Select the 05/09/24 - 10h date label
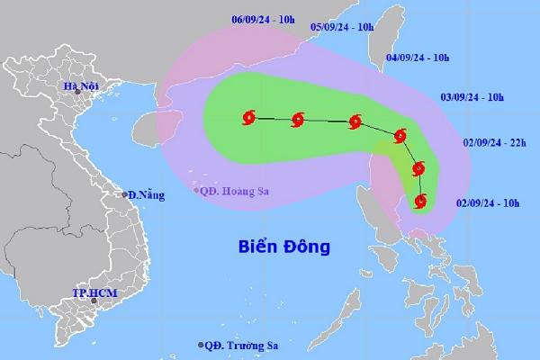click(343, 28)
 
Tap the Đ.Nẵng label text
click(145, 196)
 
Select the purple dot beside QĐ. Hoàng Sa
click(197, 189)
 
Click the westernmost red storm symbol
click(248, 116)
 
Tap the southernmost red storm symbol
click(420, 201)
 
